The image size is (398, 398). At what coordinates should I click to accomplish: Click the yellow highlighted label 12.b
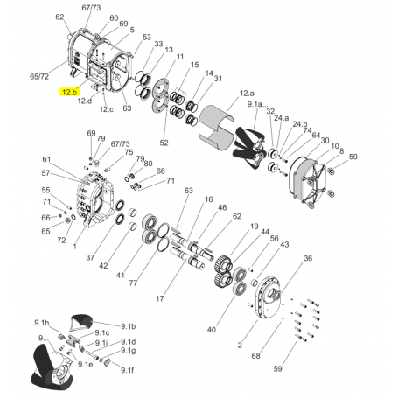[x=69, y=91]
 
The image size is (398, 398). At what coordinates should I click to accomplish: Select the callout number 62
[x=59, y=17]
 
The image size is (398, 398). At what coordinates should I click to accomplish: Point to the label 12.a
[x=247, y=93]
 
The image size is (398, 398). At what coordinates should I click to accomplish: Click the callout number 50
[x=353, y=157]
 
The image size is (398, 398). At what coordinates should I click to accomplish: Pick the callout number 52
[x=164, y=143]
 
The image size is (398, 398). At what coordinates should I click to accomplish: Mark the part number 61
[x=47, y=159]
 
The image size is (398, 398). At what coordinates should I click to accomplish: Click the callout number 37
[x=89, y=256]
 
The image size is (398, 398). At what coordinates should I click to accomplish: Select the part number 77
[x=132, y=283]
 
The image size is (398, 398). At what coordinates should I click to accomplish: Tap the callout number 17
[x=159, y=298]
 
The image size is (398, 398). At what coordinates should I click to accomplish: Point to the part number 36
[x=307, y=258]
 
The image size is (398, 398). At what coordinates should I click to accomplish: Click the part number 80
[x=148, y=164]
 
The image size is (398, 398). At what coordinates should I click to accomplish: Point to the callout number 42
[x=103, y=265]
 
